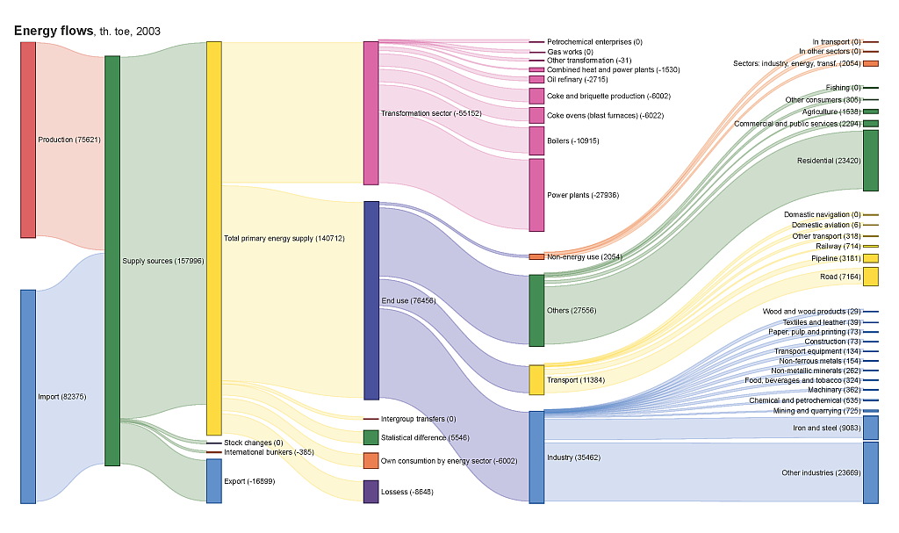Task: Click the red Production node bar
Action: click(28, 139)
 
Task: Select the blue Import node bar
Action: click(28, 396)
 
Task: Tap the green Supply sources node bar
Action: click(112, 260)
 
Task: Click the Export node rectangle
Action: click(214, 480)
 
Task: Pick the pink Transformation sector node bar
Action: click(370, 112)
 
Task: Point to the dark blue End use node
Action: click(370, 300)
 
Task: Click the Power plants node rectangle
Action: click(536, 194)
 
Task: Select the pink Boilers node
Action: click(536, 140)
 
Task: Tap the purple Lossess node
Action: click(370, 492)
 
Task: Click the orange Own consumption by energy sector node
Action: click(370, 460)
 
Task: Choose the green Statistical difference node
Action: click(370, 437)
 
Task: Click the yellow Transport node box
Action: click(536, 379)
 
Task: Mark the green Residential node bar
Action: click(870, 161)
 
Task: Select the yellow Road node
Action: click(870, 277)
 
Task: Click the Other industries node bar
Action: click(870, 472)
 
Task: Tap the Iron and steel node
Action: click(870, 428)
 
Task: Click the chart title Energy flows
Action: click(53, 32)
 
